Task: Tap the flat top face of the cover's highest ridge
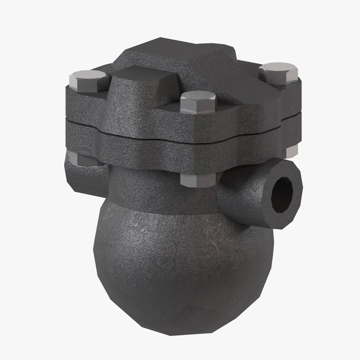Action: point(173,50)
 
